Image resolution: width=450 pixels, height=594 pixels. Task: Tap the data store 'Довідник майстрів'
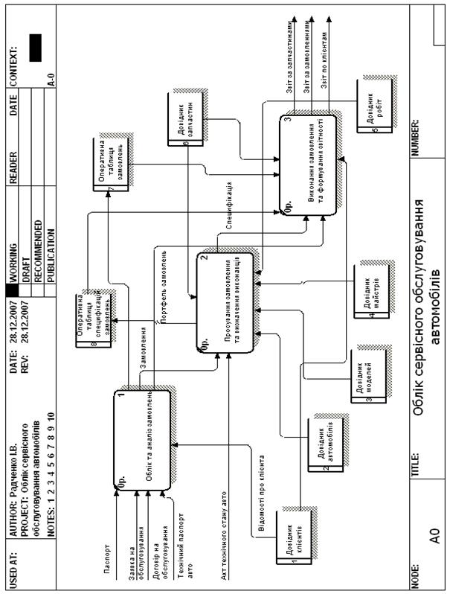click(369, 293)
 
